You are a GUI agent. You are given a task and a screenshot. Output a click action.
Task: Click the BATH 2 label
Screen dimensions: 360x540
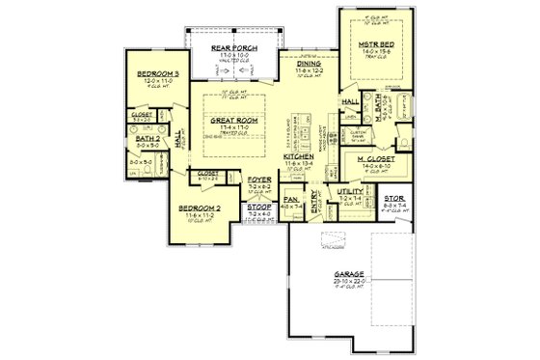(x=148, y=140)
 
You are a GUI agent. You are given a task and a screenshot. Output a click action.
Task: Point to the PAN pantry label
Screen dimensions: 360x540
(x=290, y=199)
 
